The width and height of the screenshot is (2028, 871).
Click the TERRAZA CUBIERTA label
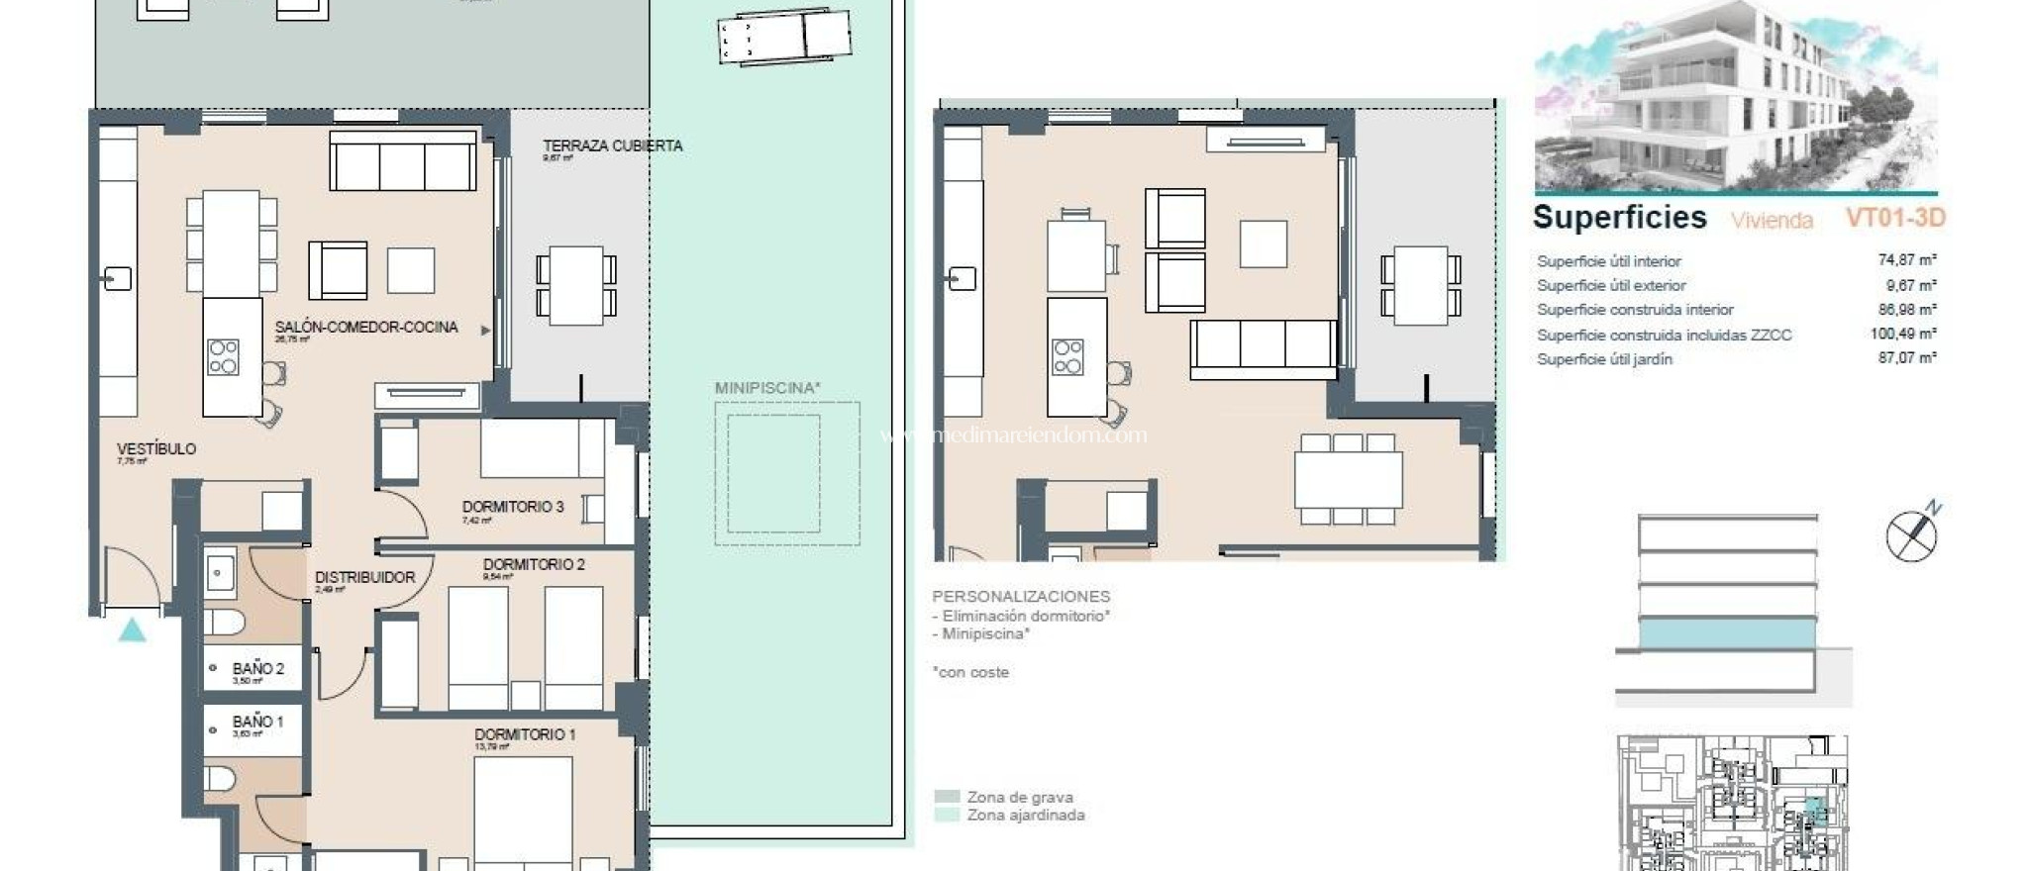pos(612,145)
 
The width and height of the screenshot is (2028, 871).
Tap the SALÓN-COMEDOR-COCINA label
pos(366,327)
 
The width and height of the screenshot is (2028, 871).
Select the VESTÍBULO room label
pos(156,448)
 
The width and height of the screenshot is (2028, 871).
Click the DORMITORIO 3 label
pos(512,507)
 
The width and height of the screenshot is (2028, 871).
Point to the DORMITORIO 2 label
pos(534,564)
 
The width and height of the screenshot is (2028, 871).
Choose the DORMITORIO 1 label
pos(525,734)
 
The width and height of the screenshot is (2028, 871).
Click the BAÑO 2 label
pos(257,669)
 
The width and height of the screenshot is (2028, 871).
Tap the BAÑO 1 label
pos(257,722)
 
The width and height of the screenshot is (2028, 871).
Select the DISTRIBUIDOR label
pos(364,577)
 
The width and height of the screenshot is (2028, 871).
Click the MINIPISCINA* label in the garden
pos(767,388)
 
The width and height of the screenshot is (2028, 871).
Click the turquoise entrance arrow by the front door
pos(133,629)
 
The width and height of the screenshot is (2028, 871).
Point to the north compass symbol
pos(1912,535)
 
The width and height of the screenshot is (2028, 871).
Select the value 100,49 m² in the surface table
pos(1902,335)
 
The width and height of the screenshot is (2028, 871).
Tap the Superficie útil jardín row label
pos(1604,359)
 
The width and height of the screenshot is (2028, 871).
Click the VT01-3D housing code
pos(1894,218)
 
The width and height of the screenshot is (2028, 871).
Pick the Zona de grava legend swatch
pos(947,797)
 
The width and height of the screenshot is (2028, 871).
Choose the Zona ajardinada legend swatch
pos(947,816)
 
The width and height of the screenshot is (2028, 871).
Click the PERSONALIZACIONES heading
pos(1020,597)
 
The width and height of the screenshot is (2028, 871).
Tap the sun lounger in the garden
pos(784,37)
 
